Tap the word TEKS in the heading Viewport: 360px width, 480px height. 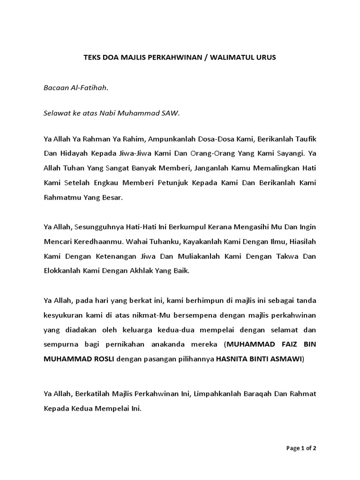[x=92, y=58]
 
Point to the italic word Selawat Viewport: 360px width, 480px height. [x=56, y=113]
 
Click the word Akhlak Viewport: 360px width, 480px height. [x=136, y=271]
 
